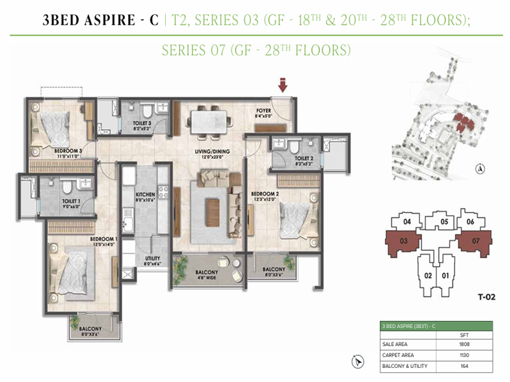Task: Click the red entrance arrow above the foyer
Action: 282,83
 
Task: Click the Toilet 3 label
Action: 142,124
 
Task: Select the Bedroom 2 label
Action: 265,195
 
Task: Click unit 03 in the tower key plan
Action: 404,243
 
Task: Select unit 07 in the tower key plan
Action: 476,243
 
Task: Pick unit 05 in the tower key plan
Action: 445,222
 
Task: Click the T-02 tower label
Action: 487,296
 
